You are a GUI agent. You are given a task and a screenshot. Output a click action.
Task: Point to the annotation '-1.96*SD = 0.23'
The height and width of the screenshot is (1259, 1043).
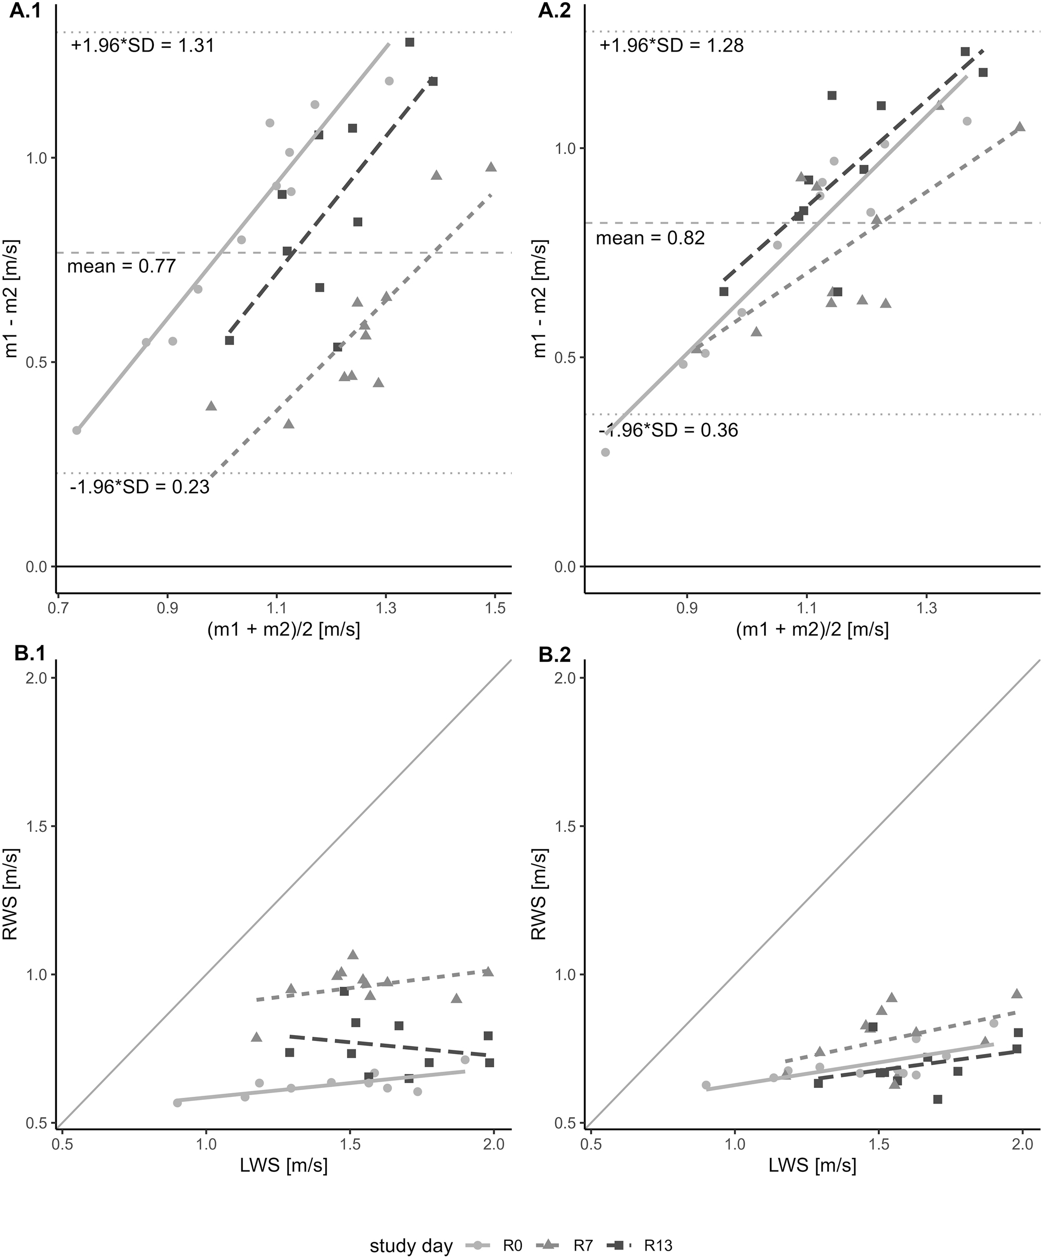click(140, 487)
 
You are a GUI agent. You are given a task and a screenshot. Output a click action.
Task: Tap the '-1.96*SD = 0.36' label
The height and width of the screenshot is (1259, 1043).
click(669, 430)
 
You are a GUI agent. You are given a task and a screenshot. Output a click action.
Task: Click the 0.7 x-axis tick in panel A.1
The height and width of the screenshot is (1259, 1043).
click(57, 609)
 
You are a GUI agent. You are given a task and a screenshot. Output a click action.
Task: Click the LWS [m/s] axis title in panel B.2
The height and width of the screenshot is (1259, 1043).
click(813, 1166)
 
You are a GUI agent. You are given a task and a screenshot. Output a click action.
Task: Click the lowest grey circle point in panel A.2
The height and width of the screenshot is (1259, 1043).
click(605, 452)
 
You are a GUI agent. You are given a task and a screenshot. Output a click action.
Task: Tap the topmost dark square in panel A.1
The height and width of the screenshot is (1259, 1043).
click(410, 42)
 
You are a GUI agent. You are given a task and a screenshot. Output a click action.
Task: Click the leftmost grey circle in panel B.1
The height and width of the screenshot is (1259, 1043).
click(177, 1103)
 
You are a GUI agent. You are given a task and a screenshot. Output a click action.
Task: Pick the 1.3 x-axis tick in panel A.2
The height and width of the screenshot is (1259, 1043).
click(926, 609)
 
